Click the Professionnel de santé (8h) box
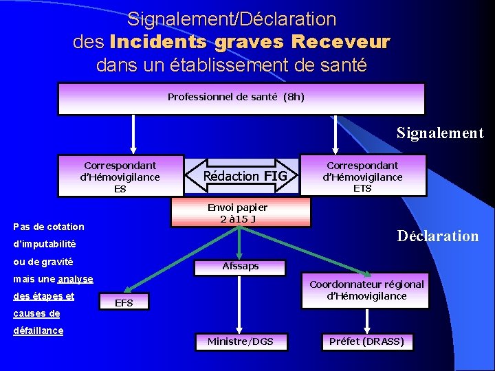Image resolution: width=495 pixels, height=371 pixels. tap(241, 98)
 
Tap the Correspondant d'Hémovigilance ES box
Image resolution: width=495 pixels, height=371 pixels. tap(121, 177)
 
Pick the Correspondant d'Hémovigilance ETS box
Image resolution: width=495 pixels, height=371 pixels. tap(362, 177)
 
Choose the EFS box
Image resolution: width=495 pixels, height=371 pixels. tap(124, 303)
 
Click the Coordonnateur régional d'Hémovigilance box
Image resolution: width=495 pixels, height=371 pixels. tap(366, 290)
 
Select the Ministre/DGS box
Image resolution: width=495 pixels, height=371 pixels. tap(240, 341)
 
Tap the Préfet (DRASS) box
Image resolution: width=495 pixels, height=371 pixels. tap(366, 341)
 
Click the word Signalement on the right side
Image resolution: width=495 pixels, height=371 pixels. tap(440, 133)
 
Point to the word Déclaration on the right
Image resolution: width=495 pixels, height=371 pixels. tap(438, 236)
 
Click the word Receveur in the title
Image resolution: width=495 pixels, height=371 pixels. tap(340, 43)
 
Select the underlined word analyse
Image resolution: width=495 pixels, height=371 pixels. tap(76, 280)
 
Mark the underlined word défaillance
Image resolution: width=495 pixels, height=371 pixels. tap(38, 331)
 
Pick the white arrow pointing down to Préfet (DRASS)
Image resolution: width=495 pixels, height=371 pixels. tap(366, 319)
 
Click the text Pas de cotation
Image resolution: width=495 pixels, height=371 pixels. tap(49, 227)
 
